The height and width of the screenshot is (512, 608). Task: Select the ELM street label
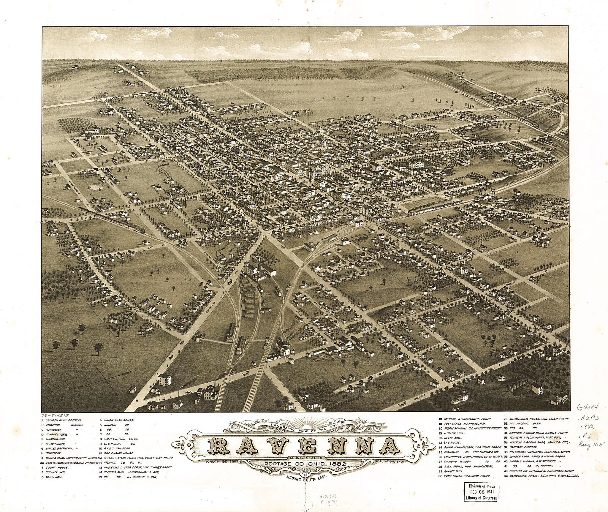[102, 154]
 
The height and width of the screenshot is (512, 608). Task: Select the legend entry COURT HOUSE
[56, 467]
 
